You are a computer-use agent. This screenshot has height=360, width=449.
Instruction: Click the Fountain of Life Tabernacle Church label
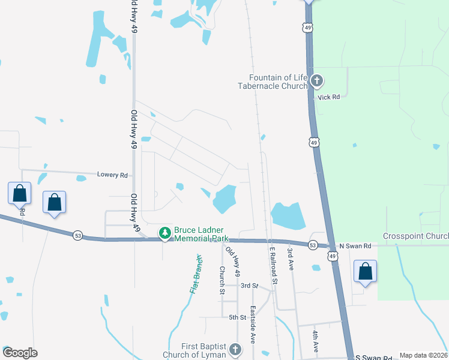click(279, 81)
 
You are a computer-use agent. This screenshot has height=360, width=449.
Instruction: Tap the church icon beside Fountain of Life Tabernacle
click(318, 81)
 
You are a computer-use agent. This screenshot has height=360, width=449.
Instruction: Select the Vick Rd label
click(329, 97)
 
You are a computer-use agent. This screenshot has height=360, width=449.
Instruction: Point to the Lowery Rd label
click(113, 175)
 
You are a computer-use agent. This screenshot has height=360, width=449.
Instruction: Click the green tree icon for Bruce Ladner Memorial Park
click(164, 233)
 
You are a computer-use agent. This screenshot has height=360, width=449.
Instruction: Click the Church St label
click(221, 281)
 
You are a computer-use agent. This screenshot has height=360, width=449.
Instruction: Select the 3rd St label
click(249, 286)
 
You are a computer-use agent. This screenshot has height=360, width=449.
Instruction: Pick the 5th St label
click(238, 317)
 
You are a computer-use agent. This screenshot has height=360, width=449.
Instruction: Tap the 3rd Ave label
click(290, 259)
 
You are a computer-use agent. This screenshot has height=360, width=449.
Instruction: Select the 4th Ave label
click(315, 340)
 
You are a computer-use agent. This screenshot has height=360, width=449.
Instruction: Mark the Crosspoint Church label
click(415, 236)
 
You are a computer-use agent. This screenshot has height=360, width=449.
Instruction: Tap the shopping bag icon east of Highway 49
click(365, 271)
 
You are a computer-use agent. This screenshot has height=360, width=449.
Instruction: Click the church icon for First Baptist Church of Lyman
click(235, 350)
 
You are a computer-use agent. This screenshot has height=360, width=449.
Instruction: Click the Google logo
click(20, 353)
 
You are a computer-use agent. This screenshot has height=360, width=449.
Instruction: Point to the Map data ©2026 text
click(423, 355)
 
